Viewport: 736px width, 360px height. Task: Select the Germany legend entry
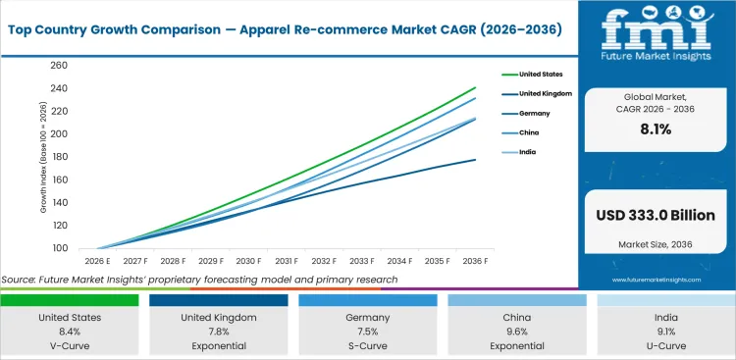[529, 113]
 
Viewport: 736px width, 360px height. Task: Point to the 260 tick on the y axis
[58, 66]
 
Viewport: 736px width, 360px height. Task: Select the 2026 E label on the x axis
[97, 262]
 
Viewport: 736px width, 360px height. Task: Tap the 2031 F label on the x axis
[287, 262]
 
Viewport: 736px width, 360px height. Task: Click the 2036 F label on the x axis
[475, 262]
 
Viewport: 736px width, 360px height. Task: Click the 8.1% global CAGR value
[655, 128]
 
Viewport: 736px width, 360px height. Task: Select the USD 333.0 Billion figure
[655, 216]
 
